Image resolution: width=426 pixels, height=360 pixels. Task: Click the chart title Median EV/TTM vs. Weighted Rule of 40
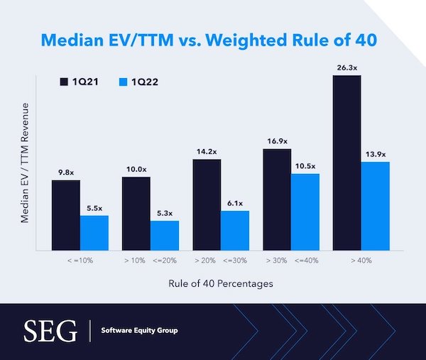[213, 39]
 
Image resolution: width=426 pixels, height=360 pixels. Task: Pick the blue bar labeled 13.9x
[375, 205]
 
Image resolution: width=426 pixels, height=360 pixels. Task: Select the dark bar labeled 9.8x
[66, 214]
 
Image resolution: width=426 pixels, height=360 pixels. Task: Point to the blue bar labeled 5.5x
[94, 232]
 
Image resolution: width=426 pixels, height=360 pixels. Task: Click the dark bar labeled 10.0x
[136, 213]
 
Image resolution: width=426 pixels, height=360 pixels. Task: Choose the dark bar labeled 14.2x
[207, 204]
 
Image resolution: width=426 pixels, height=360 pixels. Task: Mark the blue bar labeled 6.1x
[234, 230]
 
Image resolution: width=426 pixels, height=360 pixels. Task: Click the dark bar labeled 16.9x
[277, 199]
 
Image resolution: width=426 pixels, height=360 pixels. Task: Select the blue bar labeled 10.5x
[305, 212]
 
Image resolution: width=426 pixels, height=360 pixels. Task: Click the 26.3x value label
[346, 68]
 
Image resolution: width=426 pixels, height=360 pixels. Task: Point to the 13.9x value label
[375, 154]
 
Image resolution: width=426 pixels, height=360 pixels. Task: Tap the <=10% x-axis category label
[80, 261]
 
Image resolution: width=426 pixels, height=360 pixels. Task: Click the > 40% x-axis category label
[361, 261]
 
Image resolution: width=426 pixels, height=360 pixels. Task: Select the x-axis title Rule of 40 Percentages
[220, 283]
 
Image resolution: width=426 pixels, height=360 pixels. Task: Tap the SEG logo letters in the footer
[50, 330]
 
